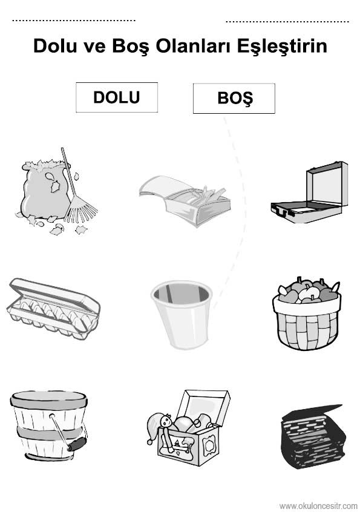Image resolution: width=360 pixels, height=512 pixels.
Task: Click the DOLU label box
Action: coord(117,97)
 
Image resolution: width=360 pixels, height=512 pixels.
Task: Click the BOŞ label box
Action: coord(234,98)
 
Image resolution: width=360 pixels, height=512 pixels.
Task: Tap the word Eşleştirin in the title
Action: coord(282,46)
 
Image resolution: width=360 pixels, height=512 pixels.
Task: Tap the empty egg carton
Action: coord(53,309)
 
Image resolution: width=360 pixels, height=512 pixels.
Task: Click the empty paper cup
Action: coord(182,314)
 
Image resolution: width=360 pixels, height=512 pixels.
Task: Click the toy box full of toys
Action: coord(188,427)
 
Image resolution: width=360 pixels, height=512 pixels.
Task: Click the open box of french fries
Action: coord(185,200)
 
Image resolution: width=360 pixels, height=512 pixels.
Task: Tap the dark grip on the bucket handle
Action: coord(77,444)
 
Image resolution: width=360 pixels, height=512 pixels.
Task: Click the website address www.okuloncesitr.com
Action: coord(318,506)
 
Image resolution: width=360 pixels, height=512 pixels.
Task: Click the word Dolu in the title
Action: coord(55,46)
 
